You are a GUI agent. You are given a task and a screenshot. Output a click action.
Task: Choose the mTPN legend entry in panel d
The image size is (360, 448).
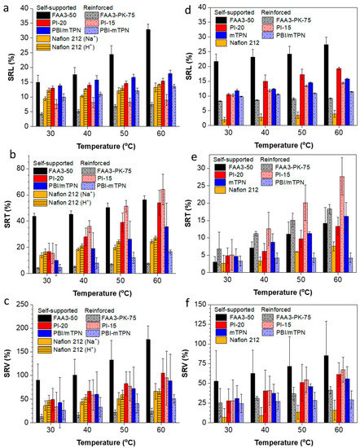click(236, 33)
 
